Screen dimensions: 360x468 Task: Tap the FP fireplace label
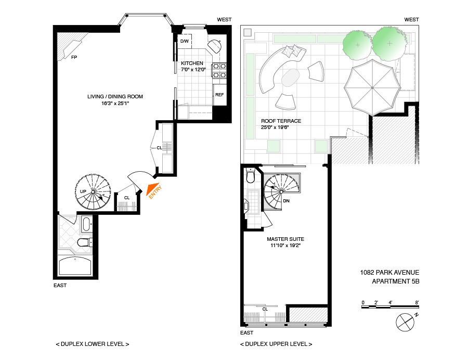pos(74,57)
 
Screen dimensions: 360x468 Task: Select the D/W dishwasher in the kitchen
pos(185,41)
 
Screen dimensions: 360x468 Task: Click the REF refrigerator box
pos(219,95)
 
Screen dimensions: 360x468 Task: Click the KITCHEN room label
pos(192,63)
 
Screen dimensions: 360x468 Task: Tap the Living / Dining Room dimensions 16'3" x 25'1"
pos(115,104)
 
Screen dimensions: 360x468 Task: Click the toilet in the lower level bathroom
pos(83,242)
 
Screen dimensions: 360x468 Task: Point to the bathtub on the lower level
pos(75,266)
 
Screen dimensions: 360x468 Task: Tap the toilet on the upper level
pos(251,178)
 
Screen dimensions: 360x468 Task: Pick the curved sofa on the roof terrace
pos(271,73)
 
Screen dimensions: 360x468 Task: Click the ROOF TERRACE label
pos(281,121)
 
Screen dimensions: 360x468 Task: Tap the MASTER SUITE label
pos(285,239)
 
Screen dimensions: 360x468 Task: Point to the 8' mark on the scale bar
pos(417,302)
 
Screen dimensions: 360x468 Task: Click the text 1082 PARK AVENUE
pos(389,273)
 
